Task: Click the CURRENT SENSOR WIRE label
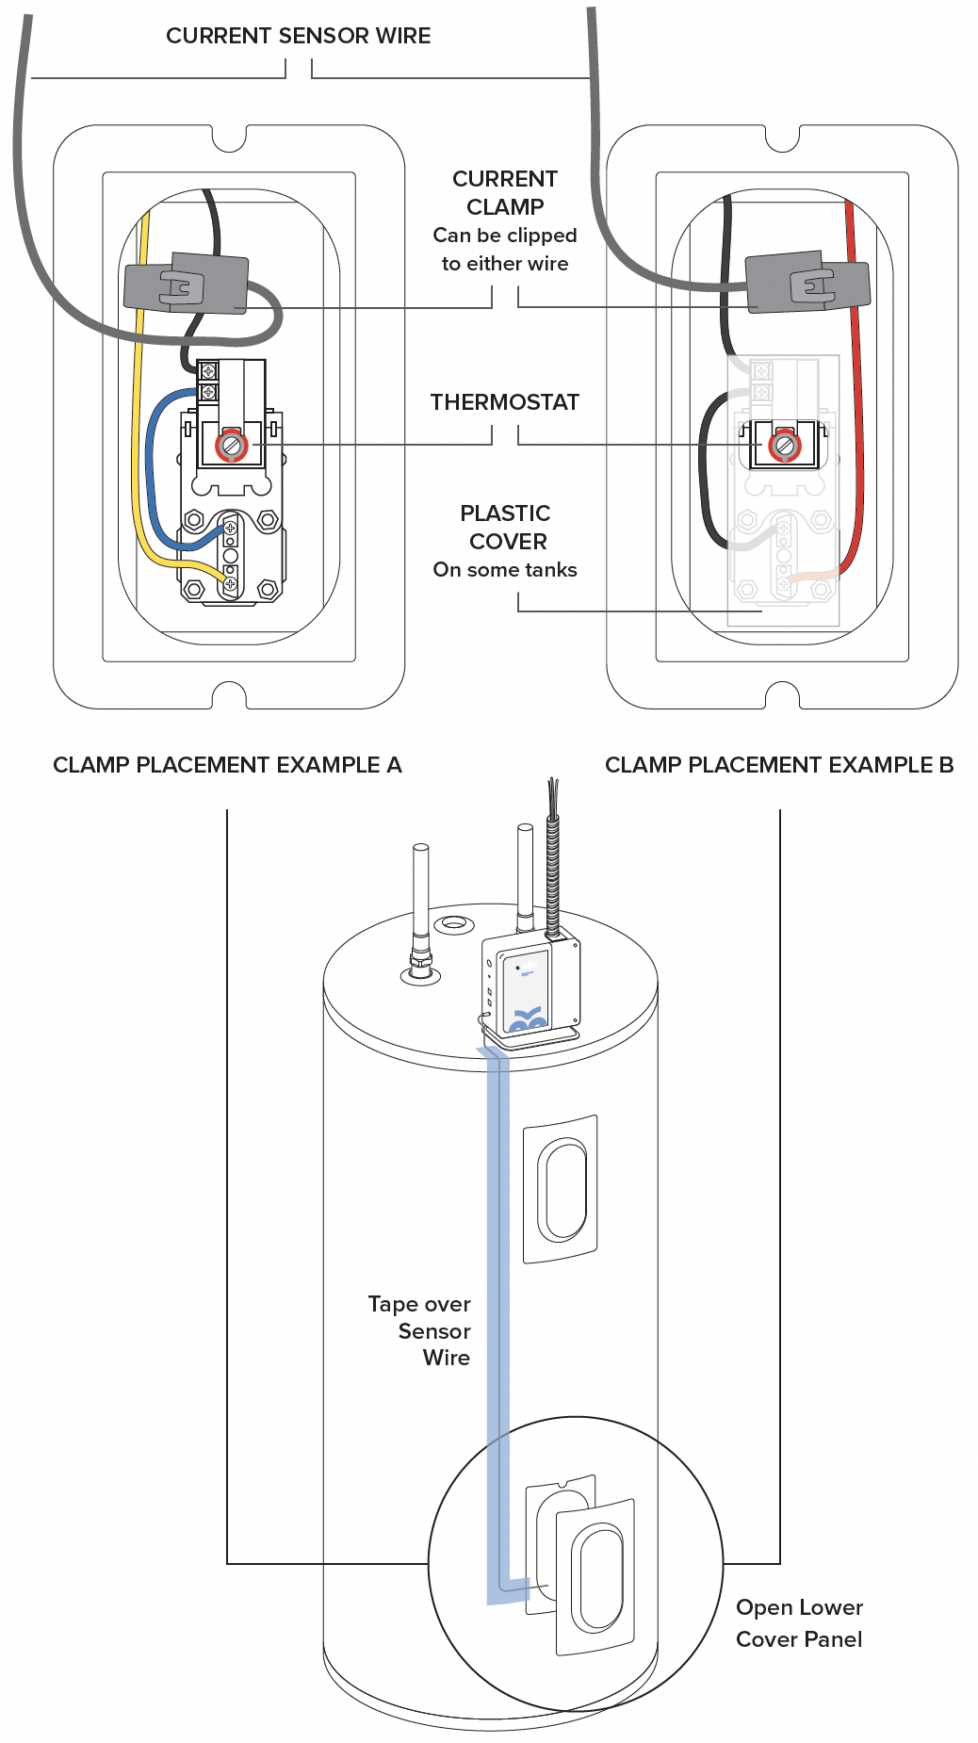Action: coord(298,36)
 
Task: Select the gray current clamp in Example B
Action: coord(807,282)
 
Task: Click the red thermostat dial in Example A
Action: coord(231,445)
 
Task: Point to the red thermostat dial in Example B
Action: coord(783,445)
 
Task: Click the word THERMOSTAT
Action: coord(504,402)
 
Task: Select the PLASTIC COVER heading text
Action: coord(507,528)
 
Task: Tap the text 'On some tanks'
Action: coord(505,570)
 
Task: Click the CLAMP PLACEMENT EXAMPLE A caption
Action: coord(227,765)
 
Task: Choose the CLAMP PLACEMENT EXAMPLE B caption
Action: coord(778,765)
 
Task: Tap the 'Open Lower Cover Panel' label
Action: coord(799,1623)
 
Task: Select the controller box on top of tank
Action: coord(530,987)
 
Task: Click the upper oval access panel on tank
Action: coord(562,1188)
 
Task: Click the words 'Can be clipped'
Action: coord(504,236)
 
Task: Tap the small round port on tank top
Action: coord(453,923)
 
